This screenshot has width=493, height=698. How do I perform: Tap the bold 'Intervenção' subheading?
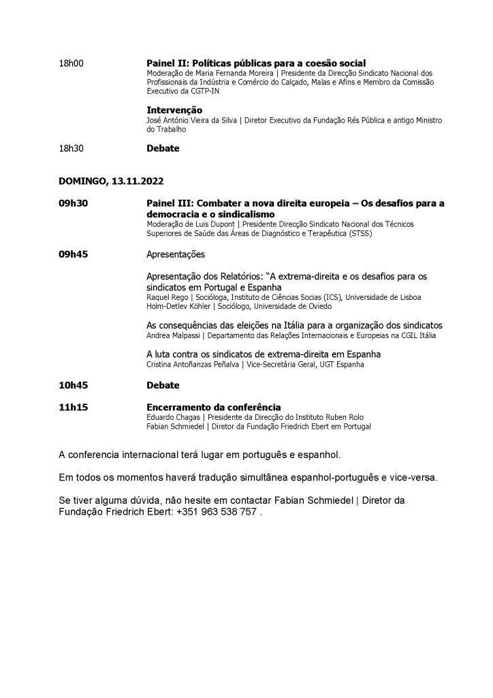coord(174,109)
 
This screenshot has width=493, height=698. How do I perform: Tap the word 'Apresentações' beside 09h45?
coord(176,254)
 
